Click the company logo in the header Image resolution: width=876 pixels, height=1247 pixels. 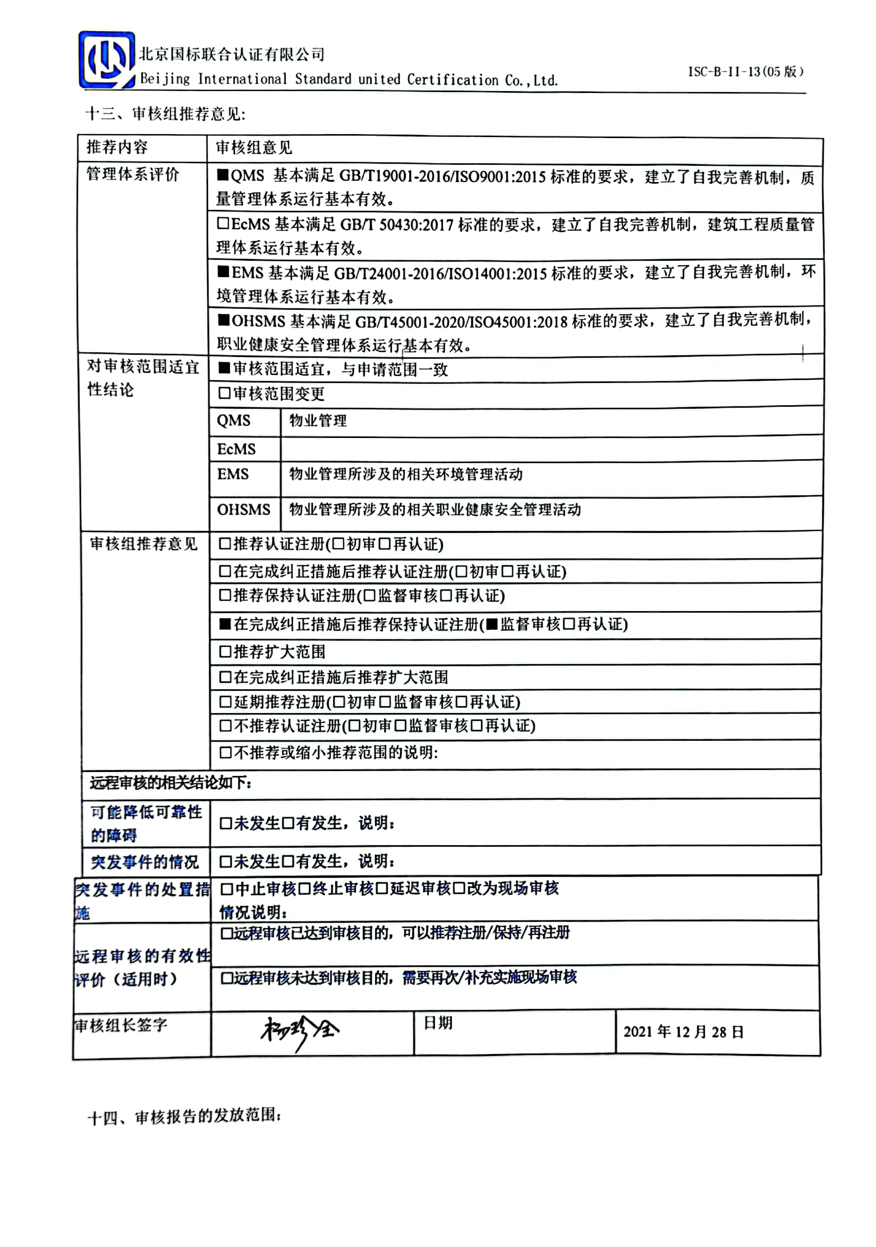106,60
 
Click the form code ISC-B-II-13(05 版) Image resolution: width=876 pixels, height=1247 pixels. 745,72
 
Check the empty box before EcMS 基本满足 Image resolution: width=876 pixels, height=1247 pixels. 223,223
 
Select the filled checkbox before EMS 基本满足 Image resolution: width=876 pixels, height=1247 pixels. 223,272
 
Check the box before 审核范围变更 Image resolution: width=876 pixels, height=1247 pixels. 224,393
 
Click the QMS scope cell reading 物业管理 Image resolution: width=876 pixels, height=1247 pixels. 318,421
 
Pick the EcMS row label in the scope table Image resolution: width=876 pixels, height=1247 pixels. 236,449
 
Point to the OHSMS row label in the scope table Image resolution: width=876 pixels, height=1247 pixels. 243,510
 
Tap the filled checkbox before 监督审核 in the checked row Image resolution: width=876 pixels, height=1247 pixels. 492,624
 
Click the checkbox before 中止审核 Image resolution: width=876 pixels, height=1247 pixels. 227,889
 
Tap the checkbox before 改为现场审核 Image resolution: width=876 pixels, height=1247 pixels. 459,889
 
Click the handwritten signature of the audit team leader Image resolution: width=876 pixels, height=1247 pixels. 300,1031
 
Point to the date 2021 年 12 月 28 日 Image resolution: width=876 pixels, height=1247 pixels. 683,1031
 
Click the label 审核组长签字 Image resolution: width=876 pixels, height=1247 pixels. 121,1025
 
